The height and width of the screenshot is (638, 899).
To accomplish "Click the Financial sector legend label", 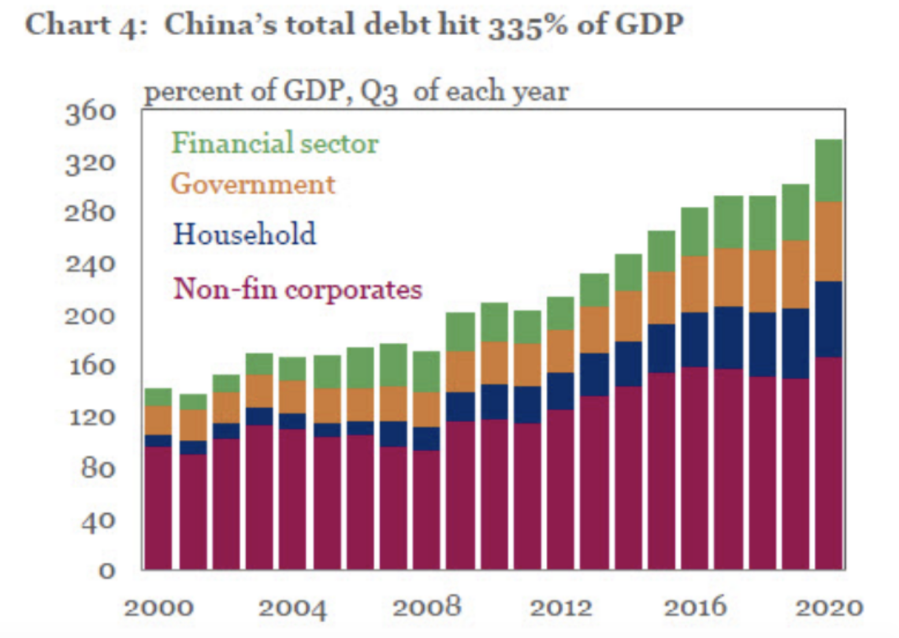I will [x=275, y=143].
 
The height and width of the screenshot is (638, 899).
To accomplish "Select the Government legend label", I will [x=252, y=184].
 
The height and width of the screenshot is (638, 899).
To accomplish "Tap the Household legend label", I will [x=244, y=234].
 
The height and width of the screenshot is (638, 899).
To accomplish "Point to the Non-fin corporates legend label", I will [x=298, y=288].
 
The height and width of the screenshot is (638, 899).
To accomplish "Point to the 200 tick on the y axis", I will [x=90, y=316].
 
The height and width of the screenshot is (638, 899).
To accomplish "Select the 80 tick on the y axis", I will [x=98, y=468].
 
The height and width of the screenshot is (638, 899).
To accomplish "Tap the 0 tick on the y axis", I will [x=107, y=571].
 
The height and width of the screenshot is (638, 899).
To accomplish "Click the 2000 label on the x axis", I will [x=158, y=607].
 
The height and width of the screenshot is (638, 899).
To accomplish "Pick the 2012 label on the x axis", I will [x=560, y=607].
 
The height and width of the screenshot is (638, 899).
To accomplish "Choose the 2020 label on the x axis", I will [x=829, y=607].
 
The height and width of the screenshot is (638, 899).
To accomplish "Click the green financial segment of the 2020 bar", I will [x=829, y=170].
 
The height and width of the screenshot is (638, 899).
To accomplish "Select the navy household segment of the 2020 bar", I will [x=829, y=319].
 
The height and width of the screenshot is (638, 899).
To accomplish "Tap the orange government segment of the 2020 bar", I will [x=829, y=242].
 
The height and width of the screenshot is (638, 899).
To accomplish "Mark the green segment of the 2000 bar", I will [x=158, y=397].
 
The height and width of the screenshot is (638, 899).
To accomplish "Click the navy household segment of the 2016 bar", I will [x=694, y=340].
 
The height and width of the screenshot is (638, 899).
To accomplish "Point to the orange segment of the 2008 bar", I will [x=426, y=410].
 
